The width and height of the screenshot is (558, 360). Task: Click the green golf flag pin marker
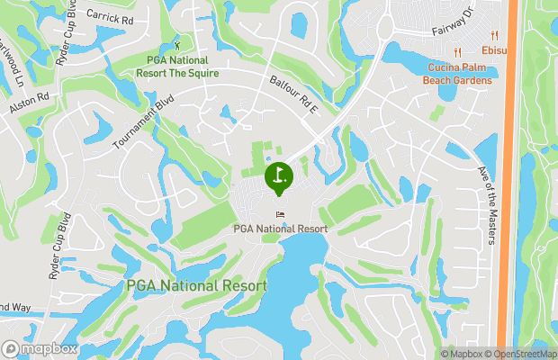279,175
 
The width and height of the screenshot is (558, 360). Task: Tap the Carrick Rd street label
109,15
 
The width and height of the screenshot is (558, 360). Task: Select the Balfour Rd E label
294,94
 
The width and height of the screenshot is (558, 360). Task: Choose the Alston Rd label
29,103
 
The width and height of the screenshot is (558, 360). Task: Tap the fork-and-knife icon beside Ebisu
460,50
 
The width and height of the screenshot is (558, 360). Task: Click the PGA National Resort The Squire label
183,66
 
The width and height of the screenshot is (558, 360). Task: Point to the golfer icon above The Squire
177,44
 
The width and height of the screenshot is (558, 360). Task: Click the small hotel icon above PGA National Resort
279,214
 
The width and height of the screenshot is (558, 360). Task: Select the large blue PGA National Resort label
196,285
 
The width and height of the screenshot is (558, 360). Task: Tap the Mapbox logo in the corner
40,348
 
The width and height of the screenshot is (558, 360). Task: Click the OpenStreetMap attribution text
524,353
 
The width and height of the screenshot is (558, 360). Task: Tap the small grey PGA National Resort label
280,228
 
